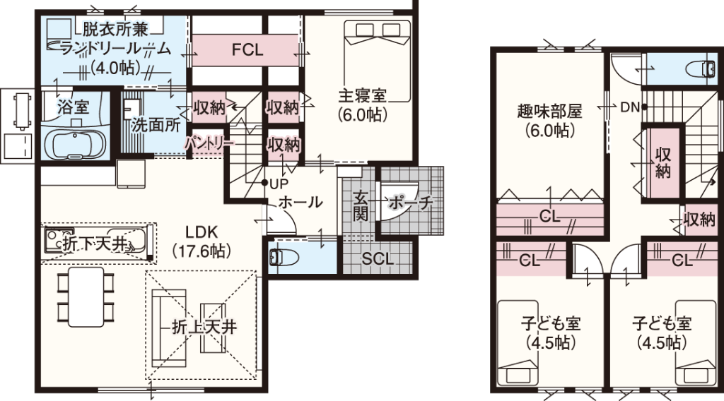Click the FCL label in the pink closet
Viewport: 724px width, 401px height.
tap(247, 49)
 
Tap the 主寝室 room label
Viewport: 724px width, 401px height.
tap(363, 96)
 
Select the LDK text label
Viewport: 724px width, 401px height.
tap(202, 232)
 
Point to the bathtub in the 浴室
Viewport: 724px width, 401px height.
tap(75, 143)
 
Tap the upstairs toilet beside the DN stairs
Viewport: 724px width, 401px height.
tap(701, 70)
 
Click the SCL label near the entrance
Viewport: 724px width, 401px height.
tap(378, 258)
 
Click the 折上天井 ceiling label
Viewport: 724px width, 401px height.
tap(204, 327)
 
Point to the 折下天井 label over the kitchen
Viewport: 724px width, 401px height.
tap(95, 245)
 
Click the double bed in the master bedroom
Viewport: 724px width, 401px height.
tap(377, 61)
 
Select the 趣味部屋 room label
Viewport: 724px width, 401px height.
tap(549, 112)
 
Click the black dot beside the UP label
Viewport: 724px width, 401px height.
tap(264, 183)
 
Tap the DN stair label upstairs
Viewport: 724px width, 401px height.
tap(629, 107)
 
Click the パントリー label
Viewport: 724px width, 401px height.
tap(209, 143)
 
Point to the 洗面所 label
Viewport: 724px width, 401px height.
tap(155, 126)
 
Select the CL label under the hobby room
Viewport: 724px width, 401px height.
tap(549, 216)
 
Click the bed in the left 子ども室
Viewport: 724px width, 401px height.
tap(518, 343)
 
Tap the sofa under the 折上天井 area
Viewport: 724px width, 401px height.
tap(169, 328)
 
